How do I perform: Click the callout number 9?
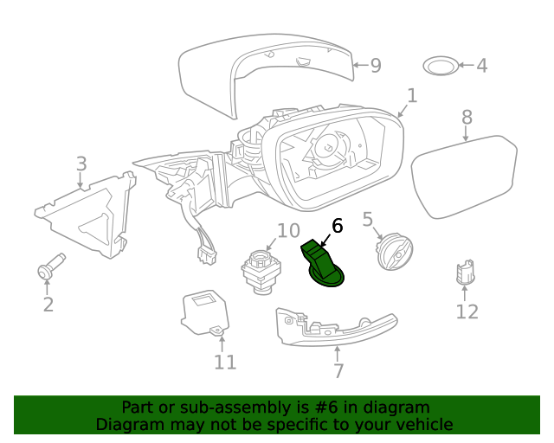pos(375,65)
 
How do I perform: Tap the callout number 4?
pos(481,65)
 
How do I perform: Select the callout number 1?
pos(412,96)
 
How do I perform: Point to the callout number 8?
pos(467,117)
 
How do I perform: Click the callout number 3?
pos(81,164)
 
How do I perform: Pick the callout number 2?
pos(48,304)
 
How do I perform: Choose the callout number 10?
pos(288,231)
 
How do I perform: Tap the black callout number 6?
pos(337,226)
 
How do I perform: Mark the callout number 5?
pos(367,220)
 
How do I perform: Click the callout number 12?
pos(467,311)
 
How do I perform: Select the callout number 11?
pos(225,362)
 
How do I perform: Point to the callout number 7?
pos(338,370)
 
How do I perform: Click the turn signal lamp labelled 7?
pos(333,328)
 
